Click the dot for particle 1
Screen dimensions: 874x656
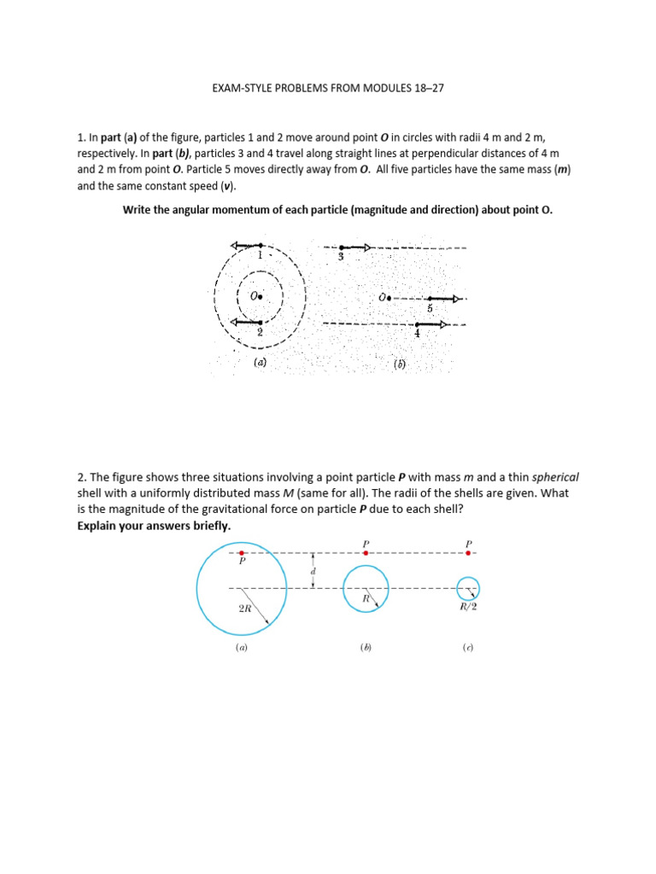click(x=260, y=246)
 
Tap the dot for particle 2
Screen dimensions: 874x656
click(x=260, y=323)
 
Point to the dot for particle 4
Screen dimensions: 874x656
click(x=416, y=325)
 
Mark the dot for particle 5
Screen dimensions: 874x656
click(x=430, y=299)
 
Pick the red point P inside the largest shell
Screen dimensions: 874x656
click(x=242, y=553)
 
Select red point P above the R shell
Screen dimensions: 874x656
click(x=366, y=553)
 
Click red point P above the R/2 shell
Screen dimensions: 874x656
click(x=468, y=553)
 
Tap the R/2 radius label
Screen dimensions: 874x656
click(x=468, y=607)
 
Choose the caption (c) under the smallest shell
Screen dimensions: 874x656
click(x=468, y=648)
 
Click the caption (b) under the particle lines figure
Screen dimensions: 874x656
click(x=399, y=363)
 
